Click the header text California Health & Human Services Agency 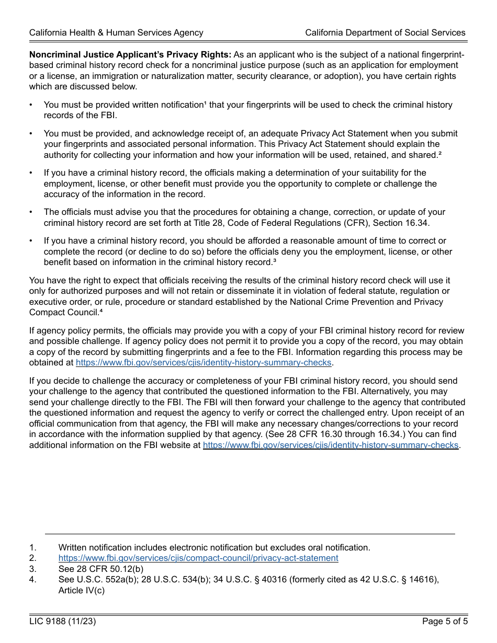pyautogui.click(x=116, y=32)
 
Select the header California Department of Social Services pyautogui.click(x=385, y=32)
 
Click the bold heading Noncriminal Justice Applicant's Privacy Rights pyautogui.click(x=130, y=54)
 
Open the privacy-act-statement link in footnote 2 pyautogui.click(x=198, y=558)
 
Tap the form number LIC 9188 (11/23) pyautogui.click(x=63, y=622)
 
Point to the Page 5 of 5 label pyautogui.click(x=445, y=622)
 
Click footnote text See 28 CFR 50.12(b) pyautogui.click(x=101, y=569)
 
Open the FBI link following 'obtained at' pyautogui.click(x=204, y=362)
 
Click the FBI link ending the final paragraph pyautogui.click(x=330, y=445)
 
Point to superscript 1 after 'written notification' pyautogui.click(x=205, y=104)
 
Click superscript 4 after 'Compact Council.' pyautogui.click(x=101, y=311)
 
